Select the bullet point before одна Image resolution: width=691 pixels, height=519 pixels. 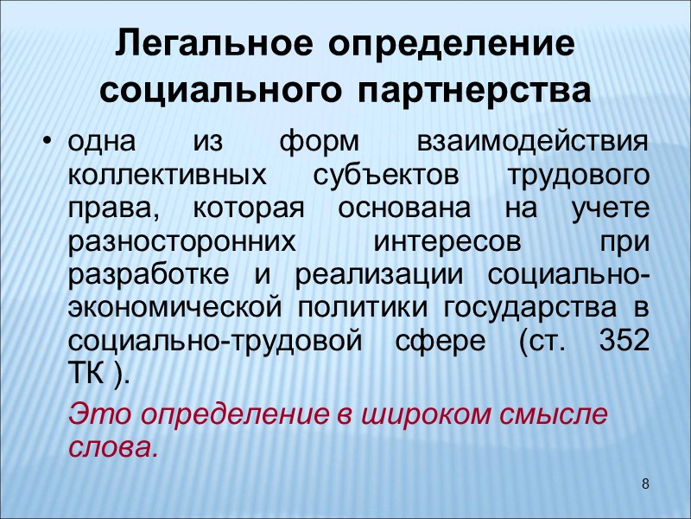pyautogui.click(x=48, y=143)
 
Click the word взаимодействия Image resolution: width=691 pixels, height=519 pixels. pyautogui.click(x=532, y=142)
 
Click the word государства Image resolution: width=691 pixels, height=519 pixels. pyautogui.click(x=542, y=307)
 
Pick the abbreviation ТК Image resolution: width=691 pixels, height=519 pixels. pyautogui.click(x=86, y=373)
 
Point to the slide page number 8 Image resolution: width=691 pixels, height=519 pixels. pyautogui.click(x=645, y=481)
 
